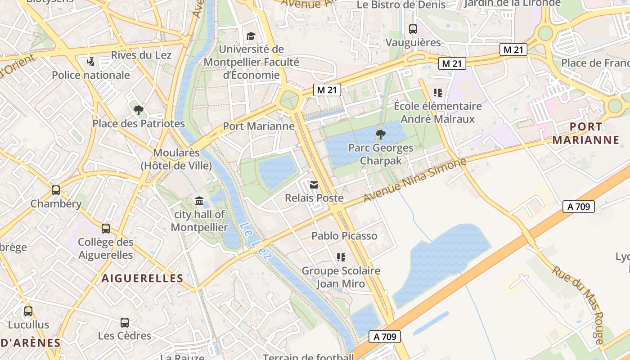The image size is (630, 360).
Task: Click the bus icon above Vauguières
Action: pyautogui.click(x=413, y=29)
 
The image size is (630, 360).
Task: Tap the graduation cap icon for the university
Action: pyautogui.click(x=251, y=36)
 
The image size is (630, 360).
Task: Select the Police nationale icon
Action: pyautogui.click(x=91, y=61)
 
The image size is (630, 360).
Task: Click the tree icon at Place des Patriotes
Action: pyautogui.click(x=139, y=110)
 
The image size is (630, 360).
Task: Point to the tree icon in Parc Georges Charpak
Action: pyautogui.click(x=380, y=134)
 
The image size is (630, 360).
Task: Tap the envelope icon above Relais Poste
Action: pyautogui.click(x=314, y=184)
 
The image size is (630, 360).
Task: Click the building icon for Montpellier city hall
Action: pyautogui.click(x=199, y=201)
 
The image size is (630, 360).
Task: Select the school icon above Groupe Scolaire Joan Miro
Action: pyautogui.click(x=341, y=257)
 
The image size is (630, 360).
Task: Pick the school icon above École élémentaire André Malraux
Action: pyautogui.click(x=437, y=93)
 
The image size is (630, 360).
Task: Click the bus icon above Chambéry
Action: pyautogui.click(x=56, y=190)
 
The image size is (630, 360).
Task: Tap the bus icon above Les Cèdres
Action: pyautogui.click(x=125, y=322)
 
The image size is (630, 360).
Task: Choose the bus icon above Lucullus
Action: pyautogui.click(x=28, y=311)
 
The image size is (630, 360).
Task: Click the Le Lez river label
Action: pyautogui.click(x=256, y=241)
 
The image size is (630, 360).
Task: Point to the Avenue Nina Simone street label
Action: pyautogui.click(x=414, y=180)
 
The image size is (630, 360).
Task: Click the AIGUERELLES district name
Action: pyautogui.click(x=142, y=278)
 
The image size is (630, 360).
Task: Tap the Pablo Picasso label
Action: pyautogui.click(x=344, y=236)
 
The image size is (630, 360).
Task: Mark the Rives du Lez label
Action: pyautogui.click(x=141, y=55)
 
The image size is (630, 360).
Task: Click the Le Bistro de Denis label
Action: pyautogui.click(x=401, y=5)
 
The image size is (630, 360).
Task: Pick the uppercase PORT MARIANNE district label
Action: pyautogui.click(x=586, y=133)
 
